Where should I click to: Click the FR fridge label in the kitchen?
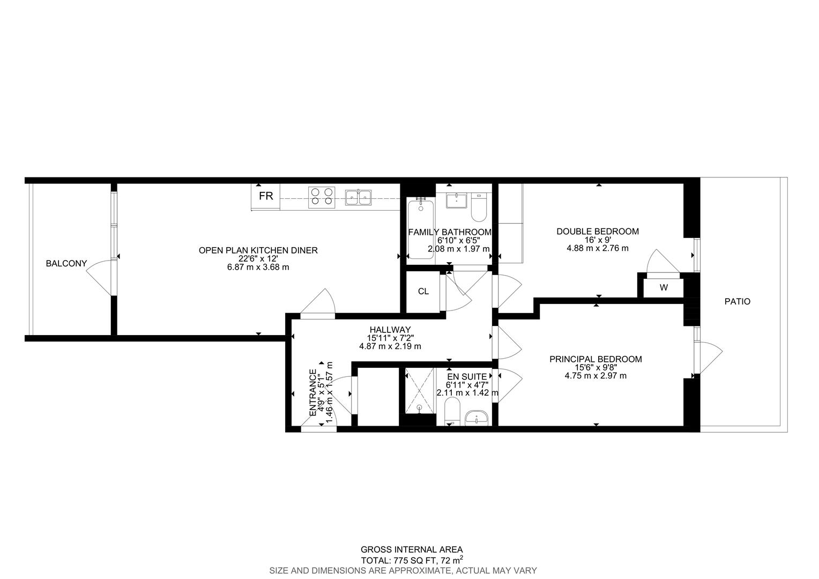click(266, 196)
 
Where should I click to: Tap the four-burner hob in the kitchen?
click(321, 196)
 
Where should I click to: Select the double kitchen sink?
click(359, 197)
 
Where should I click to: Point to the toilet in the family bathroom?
click(478, 209)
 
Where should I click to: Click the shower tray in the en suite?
click(419, 391)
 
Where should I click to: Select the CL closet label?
click(423, 292)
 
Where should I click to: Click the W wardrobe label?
click(664, 288)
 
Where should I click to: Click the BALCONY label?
click(66, 263)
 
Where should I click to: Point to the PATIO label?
click(738, 302)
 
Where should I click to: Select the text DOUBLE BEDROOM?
click(597, 232)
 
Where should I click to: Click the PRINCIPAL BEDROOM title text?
click(595, 359)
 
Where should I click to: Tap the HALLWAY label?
click(390, 330)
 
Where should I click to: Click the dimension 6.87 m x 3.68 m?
click(258, 267)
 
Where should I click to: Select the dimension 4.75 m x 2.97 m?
click(595, 376)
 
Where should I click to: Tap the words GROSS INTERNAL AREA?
click(411, 550)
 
